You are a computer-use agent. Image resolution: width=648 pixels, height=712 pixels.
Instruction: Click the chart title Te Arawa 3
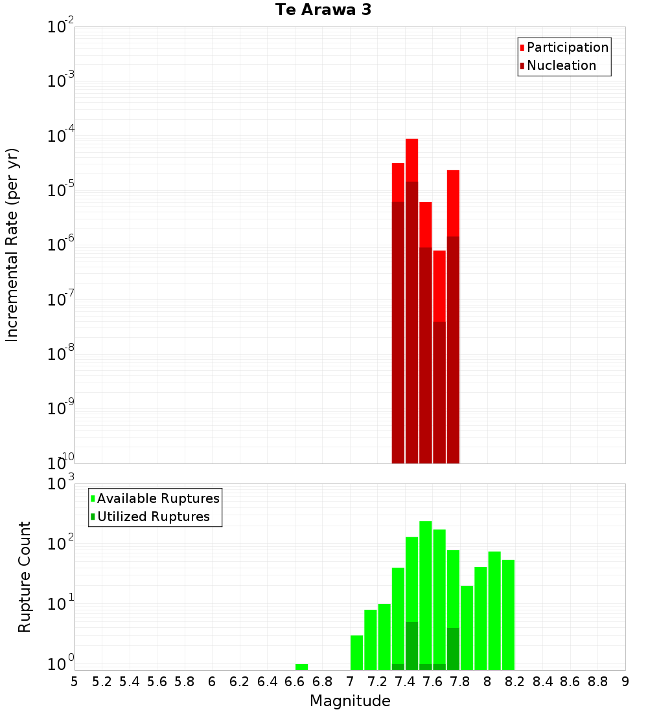(x=323, y=10)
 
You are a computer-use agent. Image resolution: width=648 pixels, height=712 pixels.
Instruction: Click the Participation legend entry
(x=567, y=47)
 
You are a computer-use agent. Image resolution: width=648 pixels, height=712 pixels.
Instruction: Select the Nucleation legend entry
(x=561, y=65)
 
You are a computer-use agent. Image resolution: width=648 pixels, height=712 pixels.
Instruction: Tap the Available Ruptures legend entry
(x=157, y=498)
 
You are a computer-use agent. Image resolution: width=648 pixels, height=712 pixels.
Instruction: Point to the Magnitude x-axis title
(x=350, y=701)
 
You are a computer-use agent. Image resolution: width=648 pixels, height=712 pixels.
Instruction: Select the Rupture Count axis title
(x=25, y=577)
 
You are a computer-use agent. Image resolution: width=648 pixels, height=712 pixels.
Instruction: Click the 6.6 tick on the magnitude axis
(x=295, y=682)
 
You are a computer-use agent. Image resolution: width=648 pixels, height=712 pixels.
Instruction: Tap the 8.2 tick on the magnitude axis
(x=515, y=682)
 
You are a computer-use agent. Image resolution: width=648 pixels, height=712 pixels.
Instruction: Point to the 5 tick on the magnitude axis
(x=75, y=682)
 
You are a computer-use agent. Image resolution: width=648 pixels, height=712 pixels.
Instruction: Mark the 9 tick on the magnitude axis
(x=625, y=682)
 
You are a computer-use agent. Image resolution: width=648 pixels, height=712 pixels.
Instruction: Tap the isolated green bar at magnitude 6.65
(x=301, y=667)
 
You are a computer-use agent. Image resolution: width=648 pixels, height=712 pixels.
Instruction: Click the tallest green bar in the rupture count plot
(x=426, y=595)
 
